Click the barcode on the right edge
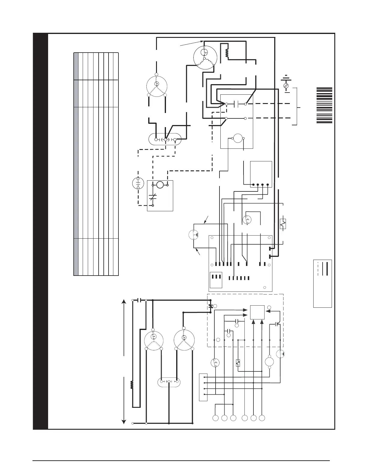(x=324, y=105)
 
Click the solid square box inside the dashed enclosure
(x=257, y=313)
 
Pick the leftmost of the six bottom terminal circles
(x=216, y=418)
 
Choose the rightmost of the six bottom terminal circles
(x=262, y=418)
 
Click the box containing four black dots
(x=261, y=174)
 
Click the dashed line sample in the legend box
(x=318, y=268)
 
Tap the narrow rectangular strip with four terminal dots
(x=203, y=387)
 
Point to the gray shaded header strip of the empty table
(x=76, y=164)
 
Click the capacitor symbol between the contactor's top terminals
(x=236, y=104)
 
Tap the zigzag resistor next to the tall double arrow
(x=131, y=385)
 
